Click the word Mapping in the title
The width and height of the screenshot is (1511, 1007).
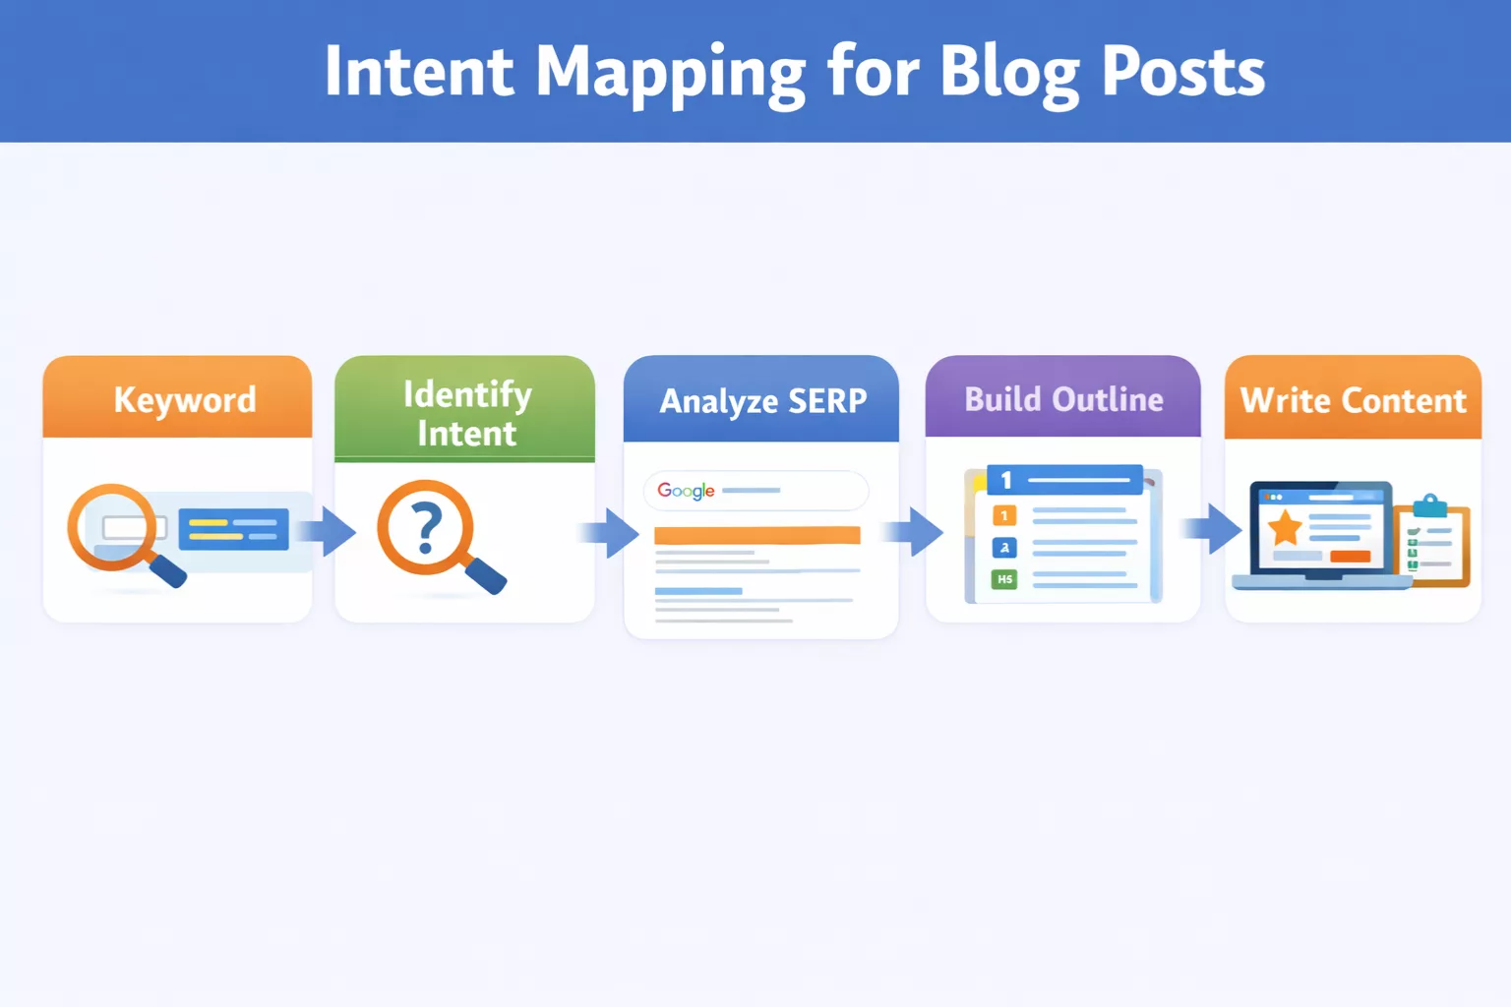tap(670, 73)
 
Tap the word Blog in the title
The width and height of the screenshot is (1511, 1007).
tap(1009, 73)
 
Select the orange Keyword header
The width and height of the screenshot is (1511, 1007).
tap(184, 399)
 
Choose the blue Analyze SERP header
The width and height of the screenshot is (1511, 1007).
tap(762, 401)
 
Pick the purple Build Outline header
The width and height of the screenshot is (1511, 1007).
tap(1063, 399)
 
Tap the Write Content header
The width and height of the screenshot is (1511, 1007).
tap(1353, 400)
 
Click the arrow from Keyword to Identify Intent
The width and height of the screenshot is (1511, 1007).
tap(330, 532)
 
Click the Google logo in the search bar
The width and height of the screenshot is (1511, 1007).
tap(686, 490)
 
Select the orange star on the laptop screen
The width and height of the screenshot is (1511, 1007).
tap(1285, 528)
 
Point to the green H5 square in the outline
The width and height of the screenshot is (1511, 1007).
tap(1004, 579)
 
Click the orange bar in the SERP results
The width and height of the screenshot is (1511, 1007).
tap(756, 535)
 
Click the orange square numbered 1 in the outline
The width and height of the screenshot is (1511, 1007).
tap(1004, 515)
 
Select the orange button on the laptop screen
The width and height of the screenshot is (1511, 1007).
tap(1350, 557)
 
